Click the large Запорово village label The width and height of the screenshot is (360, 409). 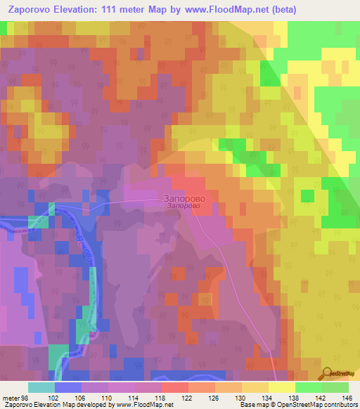pyautogui.click(x=186, y=198)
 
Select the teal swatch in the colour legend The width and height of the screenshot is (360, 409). pyautogui.click(x=41, y=387)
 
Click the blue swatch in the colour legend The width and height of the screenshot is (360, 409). pyautogui.click(x=67, y=387)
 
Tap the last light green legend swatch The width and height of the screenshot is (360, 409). pyautogui.click(x=335, y=387)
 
